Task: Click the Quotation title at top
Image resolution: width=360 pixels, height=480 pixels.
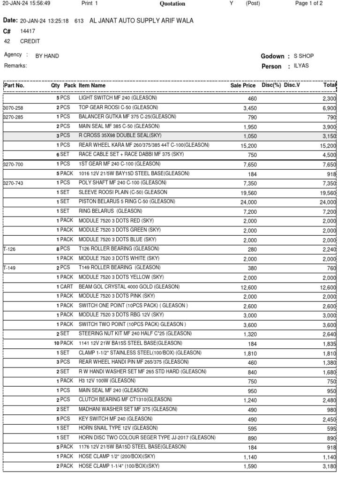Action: click(x=172, y=4)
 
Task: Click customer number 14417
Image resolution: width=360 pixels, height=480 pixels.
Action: click(x=27, y=31)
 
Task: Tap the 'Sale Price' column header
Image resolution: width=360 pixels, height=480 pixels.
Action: click(x=243, y=85)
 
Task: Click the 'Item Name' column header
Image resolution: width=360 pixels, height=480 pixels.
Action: click(x=92, y=85)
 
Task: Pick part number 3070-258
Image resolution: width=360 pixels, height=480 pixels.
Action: click(x=13, y=108)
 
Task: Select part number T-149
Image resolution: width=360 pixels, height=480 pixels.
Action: click(x=10, y=268)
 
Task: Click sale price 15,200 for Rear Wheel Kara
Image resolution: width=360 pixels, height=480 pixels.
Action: click(x=249, y=146)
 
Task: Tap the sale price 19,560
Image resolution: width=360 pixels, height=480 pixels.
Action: click(x=249, y=193)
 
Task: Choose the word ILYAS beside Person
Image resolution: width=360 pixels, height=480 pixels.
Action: click(x=301, y=66)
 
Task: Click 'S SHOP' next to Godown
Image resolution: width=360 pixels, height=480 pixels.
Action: click(x=304, y=56)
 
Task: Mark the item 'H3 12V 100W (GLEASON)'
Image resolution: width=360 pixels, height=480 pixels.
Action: click(x=107, y=381)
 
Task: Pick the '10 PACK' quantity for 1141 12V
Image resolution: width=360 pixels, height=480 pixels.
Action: click(x=63, y=343)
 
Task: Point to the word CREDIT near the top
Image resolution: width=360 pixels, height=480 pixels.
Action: click(x=30, y=41)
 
